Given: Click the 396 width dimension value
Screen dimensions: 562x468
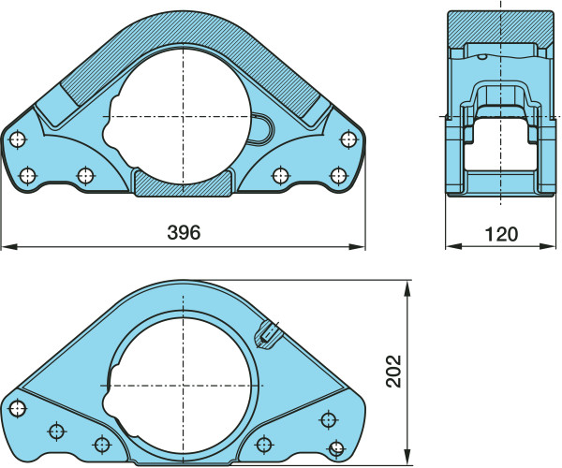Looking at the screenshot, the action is (x=184, y=232).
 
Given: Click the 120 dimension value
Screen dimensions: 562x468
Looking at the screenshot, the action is (x=501, y=234).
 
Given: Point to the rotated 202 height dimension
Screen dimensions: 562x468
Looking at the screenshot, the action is (x=393, y=371).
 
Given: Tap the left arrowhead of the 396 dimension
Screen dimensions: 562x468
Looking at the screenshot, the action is (x=9, y=247).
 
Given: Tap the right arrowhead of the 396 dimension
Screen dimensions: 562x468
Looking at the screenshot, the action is (x=358, y=247).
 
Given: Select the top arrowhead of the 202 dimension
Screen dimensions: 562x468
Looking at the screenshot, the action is (x=407, y=288).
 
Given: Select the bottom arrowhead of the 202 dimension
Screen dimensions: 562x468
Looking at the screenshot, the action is (x=407, y=458).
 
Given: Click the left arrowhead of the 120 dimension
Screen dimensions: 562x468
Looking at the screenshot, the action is (x=453, y=246).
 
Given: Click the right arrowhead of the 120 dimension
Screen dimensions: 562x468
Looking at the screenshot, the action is (x=547, y=246).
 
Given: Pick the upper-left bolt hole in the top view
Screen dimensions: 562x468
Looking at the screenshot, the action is (x=17, y=139).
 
